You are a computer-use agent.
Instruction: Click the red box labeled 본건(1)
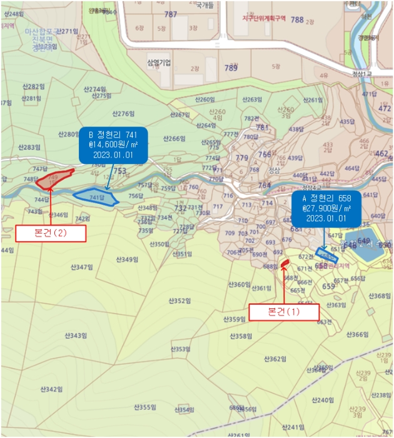point(284,312)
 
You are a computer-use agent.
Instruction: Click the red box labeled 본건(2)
point(49,233)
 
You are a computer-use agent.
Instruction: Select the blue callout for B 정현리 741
point(113,146)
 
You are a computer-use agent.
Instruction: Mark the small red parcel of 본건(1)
point(284,263)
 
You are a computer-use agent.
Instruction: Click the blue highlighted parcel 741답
point(96,197)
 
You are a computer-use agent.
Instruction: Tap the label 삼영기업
point(159,63)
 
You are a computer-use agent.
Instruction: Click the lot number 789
point(231,68)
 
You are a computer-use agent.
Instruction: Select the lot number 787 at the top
point(170,14)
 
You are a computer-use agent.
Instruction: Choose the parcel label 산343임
point(74,335)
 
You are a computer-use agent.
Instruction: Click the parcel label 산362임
point(275,359)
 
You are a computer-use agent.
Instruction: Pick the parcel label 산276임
point(123,114)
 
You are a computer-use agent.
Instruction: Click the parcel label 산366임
point(358,334)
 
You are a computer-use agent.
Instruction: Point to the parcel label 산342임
point(49,389)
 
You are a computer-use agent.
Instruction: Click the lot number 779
point(241,158)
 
